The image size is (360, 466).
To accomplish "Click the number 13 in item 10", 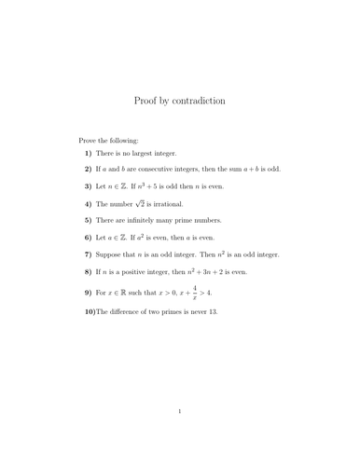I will tap(211, 311).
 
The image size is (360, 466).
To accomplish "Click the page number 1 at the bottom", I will tap(179, 435).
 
